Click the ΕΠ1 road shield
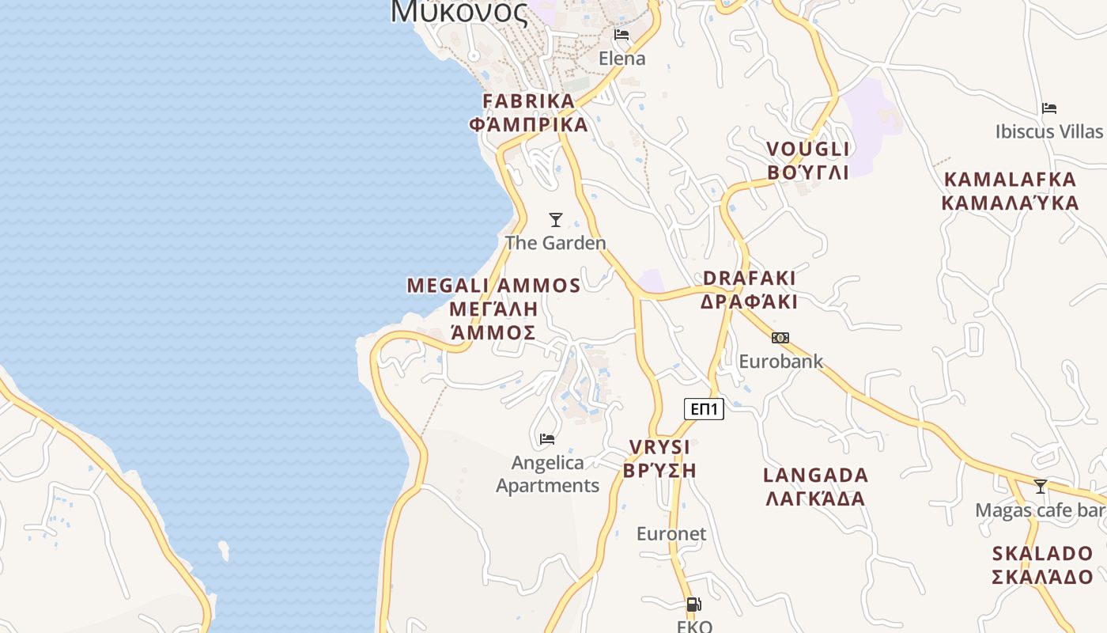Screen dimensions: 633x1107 [x=704, y=409]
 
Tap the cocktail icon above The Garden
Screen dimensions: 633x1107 [x=556, y=220]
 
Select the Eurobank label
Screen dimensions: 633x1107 [x=780, y=362]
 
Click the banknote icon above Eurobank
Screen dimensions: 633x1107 [x=780, y=338]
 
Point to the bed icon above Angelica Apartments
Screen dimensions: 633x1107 [x=547, y=438]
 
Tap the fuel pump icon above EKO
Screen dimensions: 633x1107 [x=693, y=605]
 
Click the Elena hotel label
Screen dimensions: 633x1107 [x=622, y=59]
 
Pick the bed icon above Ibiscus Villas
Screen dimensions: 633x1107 [x=1049, y=108]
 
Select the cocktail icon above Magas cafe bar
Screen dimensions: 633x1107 [x=1041, y=486]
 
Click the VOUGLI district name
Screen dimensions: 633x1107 [x=807, y=150]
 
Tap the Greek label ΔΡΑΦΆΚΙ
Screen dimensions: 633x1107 [x=749, y=302]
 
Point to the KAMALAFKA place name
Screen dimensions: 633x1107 [x=1010, y=180]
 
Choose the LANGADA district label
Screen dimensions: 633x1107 [x=815, y=476]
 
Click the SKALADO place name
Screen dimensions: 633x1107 [x=1042, y=554]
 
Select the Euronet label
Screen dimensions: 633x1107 [x=671, y=534]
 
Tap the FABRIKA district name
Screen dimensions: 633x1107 [x=528, y=101]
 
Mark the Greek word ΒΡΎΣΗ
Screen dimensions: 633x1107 [x=659, y=471]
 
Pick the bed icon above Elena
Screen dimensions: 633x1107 [x=622, y=35]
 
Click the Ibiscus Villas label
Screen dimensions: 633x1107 [x=1048, y=131]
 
